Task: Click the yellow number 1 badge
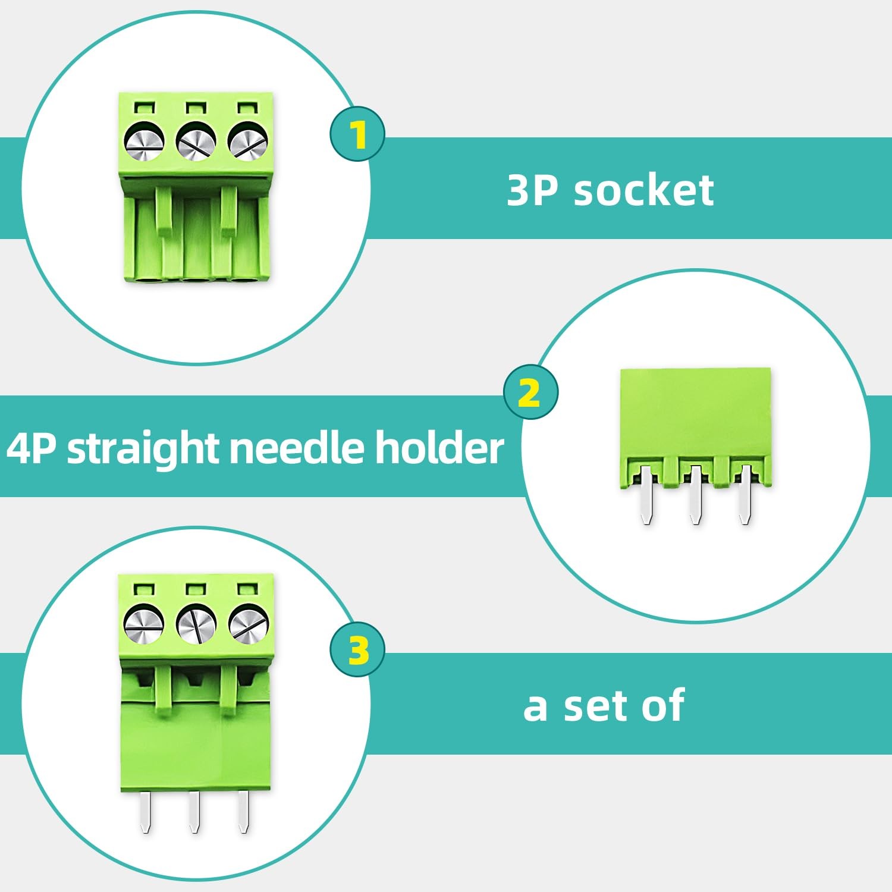click(x=357, y=134)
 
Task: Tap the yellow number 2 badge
click(x=530, y=392)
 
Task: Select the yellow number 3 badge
click(x=358, y=649)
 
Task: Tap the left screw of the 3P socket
click(x=144, y=143)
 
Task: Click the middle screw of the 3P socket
click(x=196, y=143)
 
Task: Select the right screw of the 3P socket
click(x=248, y=143)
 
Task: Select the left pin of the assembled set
click(x=146, y=812)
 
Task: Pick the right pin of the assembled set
click(x=243, y=812)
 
